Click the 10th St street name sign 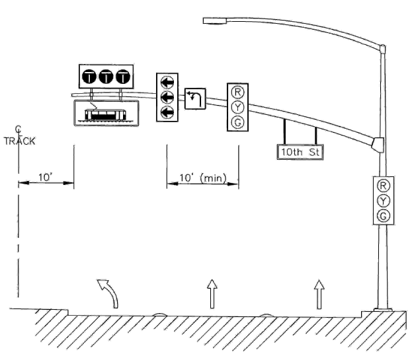click(300, 152)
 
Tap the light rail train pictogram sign click(106, 113)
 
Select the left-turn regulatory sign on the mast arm click(195, 98)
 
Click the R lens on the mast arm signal click(237, 92)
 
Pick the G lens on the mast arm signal click(237, 122)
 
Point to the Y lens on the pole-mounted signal click(383, 201)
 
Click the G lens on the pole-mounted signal click(383, 216)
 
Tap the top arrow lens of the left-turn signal click(167, 83)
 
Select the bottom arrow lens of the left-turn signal click(167, 113)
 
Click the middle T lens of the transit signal click(106, 77)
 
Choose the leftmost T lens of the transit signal click(89, 77)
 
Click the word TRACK click(19, 141)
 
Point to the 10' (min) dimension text click(202, 178)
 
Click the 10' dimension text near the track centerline click(46, 178)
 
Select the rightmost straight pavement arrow click(319, 294)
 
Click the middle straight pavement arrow click(212, 294)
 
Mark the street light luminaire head click(215, 20)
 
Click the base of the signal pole click(383, 310)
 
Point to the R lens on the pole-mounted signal click(383, 186)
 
